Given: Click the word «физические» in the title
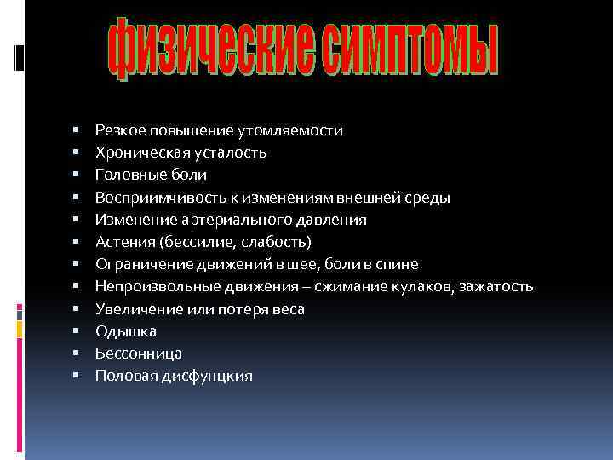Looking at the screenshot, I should click(209, 52).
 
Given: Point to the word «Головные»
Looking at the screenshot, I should click(126, 175).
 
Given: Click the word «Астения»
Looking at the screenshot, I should click(120, 242).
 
